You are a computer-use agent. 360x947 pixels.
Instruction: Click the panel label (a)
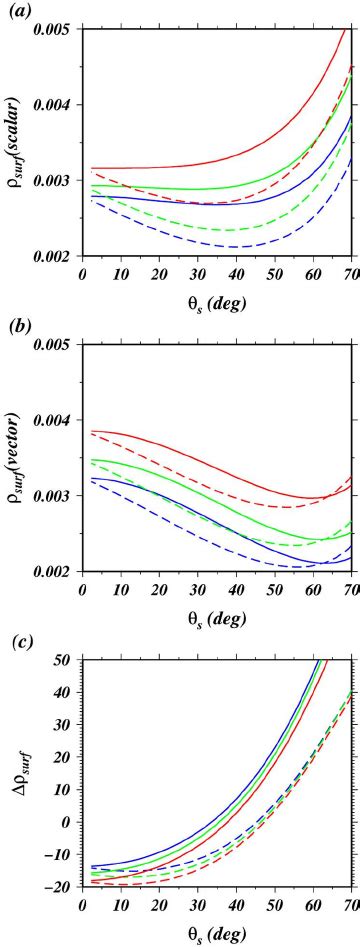pyautogui.click(x=16, y=11)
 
